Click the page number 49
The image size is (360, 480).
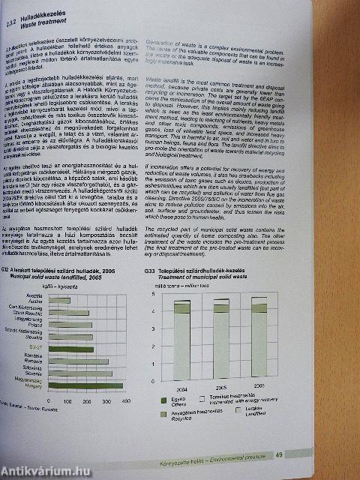341,454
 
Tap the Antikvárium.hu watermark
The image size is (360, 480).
45,469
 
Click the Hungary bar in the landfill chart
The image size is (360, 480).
88,385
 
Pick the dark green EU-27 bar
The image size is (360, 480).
73,349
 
